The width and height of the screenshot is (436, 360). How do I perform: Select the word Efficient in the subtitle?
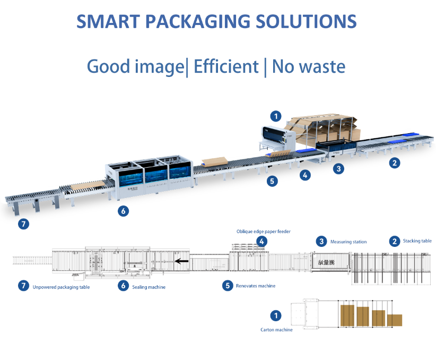pos(226,67)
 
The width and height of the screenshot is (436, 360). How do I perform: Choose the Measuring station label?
pos(348,242)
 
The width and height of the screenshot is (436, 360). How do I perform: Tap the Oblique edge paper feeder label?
pos(264,232)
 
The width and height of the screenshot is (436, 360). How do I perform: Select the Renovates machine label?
pos(256,286)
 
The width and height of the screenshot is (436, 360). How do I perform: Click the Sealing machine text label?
pos(149,287)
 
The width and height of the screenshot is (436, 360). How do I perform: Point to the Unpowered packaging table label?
pos(61,287)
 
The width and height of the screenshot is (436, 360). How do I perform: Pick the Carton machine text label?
pos(276,330)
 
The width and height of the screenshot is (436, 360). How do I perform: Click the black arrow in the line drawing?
pos(182,261)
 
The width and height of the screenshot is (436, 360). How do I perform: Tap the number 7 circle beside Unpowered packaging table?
pos(23,286)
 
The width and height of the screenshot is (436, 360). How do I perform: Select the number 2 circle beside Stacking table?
pos(394,241)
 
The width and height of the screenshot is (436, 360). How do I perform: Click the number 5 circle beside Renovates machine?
pos(228,286)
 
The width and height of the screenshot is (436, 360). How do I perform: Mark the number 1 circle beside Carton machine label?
pos(276,316)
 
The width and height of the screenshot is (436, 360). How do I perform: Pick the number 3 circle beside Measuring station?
pos(321,242)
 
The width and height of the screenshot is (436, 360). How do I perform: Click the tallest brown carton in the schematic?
pos(347,315)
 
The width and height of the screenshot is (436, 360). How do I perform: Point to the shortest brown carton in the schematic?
pos(394,320)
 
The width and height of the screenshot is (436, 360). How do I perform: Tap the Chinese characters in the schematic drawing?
pos(326,262)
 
